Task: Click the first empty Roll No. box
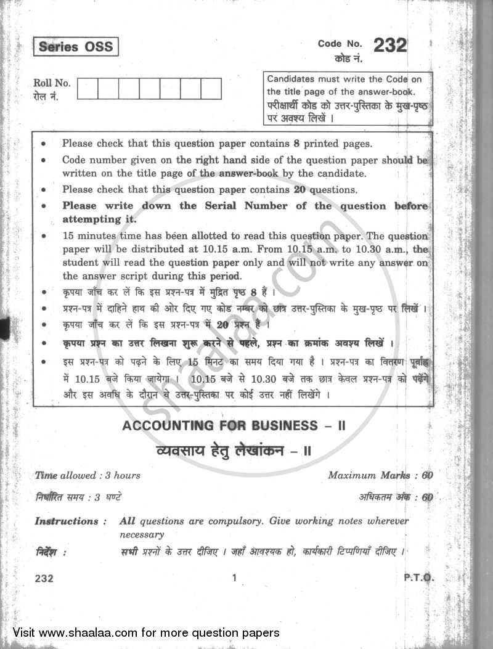88,89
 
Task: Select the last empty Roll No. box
211,89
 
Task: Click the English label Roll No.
53,84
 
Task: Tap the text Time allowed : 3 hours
88,475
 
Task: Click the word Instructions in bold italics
67,521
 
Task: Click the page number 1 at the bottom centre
234,578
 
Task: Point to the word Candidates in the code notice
291,80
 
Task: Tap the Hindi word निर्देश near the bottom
49,552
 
